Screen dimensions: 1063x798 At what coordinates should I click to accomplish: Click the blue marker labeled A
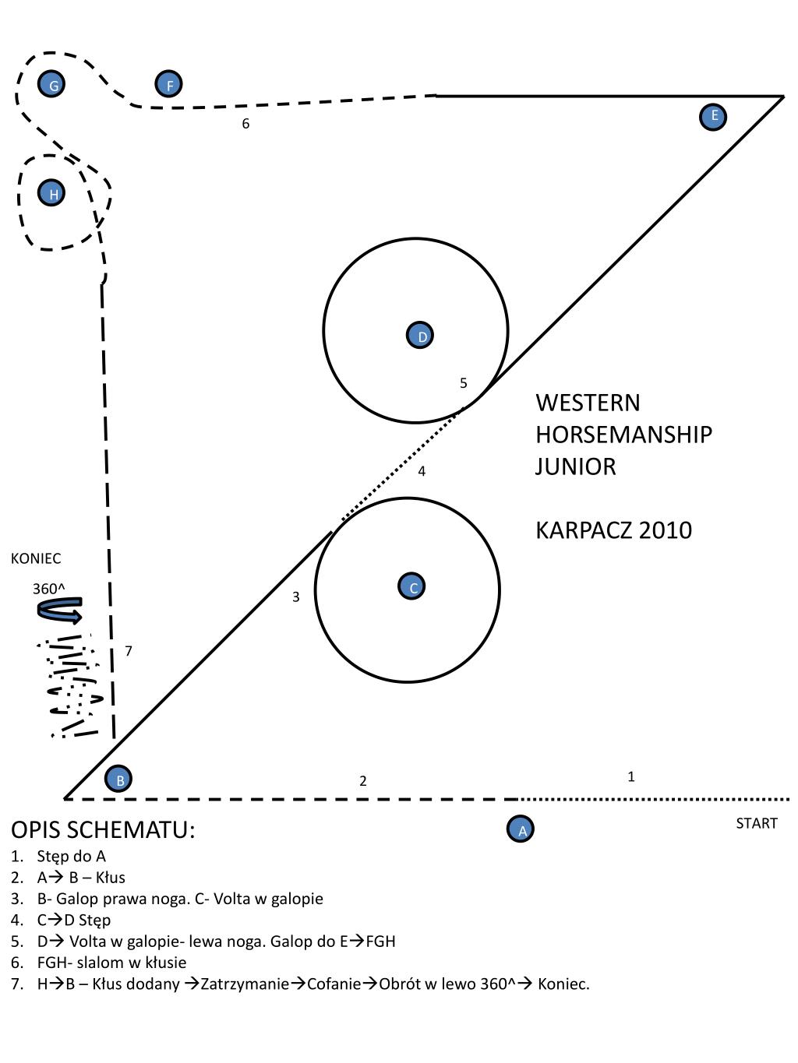[x=521, y=829]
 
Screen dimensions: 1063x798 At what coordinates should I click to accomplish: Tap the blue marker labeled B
[x=118, y=778]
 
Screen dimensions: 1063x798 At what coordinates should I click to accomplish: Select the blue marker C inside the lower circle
[x=412, y=586]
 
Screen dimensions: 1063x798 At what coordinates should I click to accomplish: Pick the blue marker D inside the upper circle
[x=420, y=336]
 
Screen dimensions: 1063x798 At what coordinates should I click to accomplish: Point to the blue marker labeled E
[x=713, y=116]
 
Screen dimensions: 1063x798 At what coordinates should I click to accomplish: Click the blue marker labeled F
[x=168, y=84]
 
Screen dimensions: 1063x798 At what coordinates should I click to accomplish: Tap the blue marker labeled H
[x=52, y=193]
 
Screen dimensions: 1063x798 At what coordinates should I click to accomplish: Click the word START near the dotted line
[x=756, y=823]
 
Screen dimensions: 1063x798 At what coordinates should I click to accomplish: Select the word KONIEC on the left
[x=36, y=558]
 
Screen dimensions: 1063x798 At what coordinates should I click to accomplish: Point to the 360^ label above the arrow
[x=48, y=588]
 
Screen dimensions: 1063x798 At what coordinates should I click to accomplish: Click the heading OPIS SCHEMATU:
[x=103, y=830]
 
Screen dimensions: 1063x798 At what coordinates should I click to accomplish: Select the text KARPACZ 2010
[x=613, y=530]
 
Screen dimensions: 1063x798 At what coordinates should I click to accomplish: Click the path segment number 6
[x=245, y=124]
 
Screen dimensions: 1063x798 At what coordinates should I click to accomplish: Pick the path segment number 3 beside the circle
[x=296, y=597]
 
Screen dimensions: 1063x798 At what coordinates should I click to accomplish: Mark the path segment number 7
[x=129, y=650]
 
